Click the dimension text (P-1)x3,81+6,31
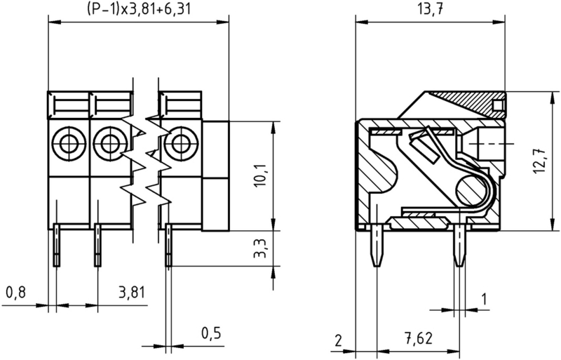coord(138,10)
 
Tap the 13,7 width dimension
coord(428,9)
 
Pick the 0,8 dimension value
coord(15,293)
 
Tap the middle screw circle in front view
coord(107,144)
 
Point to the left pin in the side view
coord(377,247)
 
